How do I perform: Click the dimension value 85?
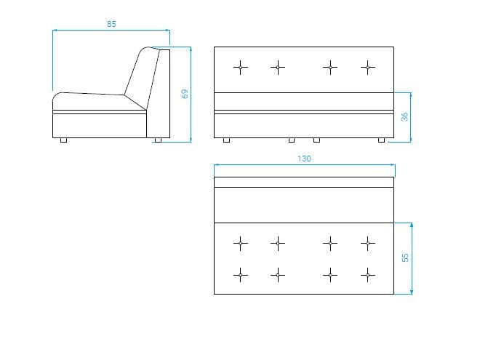point(111,24)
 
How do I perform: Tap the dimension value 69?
point(185,94)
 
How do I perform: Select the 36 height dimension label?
point(404,117)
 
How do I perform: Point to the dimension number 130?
point(304,159)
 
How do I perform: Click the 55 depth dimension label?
point(404,257)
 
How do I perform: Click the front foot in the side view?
point(63,140)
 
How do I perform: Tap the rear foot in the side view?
point(158,140)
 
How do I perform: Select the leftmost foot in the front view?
point(226,140)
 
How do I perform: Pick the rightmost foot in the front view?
point(381,140)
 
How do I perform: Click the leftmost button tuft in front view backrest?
point(241,68)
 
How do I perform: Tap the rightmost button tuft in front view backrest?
point(368,68)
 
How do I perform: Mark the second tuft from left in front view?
point(278,68)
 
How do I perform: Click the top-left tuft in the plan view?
point(241,244)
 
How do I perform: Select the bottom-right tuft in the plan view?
point(368,275)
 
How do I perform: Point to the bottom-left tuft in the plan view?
point(241,275)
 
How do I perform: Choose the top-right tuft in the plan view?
point(368,244)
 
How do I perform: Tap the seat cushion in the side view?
point(95,102)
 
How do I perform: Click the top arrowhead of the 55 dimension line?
point(412,225)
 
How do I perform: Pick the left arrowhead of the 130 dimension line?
point(217,165)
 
